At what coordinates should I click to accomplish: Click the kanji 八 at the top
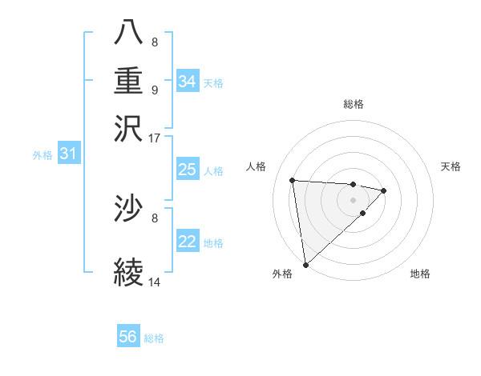(129, 33)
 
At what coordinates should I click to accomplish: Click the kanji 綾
(129, 273)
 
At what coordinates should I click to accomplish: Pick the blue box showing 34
(188, 81)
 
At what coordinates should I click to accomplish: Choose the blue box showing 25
(188, 170)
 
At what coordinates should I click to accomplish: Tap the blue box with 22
(188, 242)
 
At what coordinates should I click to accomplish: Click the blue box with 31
(67, 154)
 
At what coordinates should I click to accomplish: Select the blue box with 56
(128, 337)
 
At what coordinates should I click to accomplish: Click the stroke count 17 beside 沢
(155, 138)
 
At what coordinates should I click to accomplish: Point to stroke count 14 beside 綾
(155, 282)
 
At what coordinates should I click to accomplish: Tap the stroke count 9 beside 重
(155, 89)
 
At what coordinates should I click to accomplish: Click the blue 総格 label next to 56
(154, 338)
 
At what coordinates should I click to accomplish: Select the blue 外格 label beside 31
(42, 155)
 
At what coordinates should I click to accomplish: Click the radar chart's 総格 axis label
(353, 104)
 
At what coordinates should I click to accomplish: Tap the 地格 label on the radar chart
(420, 274)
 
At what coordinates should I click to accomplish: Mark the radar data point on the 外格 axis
(305, 265)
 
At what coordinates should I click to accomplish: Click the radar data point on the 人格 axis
(293, 180)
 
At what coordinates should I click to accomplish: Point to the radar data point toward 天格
(384, 190)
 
